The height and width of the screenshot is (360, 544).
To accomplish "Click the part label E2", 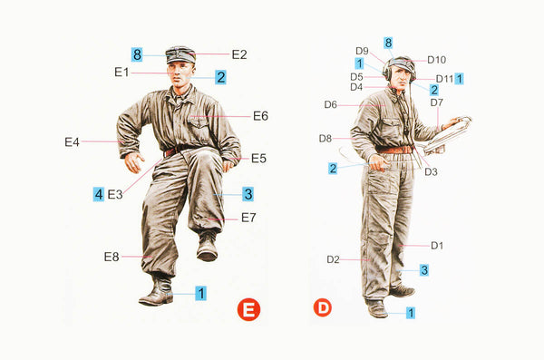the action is pyautogui.click(x=239, y=54).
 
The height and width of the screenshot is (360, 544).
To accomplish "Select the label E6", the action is pyautogui.click(x=260, y=116).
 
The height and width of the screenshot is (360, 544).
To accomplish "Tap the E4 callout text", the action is pyautogui.click(x=72, y=142).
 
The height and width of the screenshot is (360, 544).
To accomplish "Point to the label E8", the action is pyautogui.click(x=112, y=257).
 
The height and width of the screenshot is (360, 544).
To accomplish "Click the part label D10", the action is pyautogui.click(x=436, y=60).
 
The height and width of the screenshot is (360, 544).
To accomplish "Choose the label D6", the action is pyautogui.click(x=330, y=105).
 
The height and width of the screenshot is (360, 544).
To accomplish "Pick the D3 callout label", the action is pyautogui.click(x=431, y=172).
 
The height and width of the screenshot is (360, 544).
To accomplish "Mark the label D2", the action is pyautogui.click(x=333, y=259).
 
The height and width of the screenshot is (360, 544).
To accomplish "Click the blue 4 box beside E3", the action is pyautogui.click(x=99, y=194).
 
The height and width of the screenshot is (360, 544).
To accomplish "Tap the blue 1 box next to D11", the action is pyautogui.click(x=459, y=79).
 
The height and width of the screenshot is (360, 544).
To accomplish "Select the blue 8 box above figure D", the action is pyautogui.click(x=388, y=43).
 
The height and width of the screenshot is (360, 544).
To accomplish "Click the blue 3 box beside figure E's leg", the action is pyautogui.click(x=248, y=194).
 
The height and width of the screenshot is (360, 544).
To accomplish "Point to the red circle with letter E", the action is pyautogui.click(x=248, y=309).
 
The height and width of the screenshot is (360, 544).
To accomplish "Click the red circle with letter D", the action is pyautogui.click(x=322, y=308).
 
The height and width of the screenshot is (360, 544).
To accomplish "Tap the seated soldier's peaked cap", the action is pyautogui.click(x=180, y=54).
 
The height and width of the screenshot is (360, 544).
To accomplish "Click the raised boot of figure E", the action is pyautogui.click(x=207, y=248).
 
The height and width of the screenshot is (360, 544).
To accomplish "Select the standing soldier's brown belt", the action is pyautogui.click(x=394, y=150).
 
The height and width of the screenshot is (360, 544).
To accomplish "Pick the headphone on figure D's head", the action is pyautogui.click(x=387, y=70).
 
